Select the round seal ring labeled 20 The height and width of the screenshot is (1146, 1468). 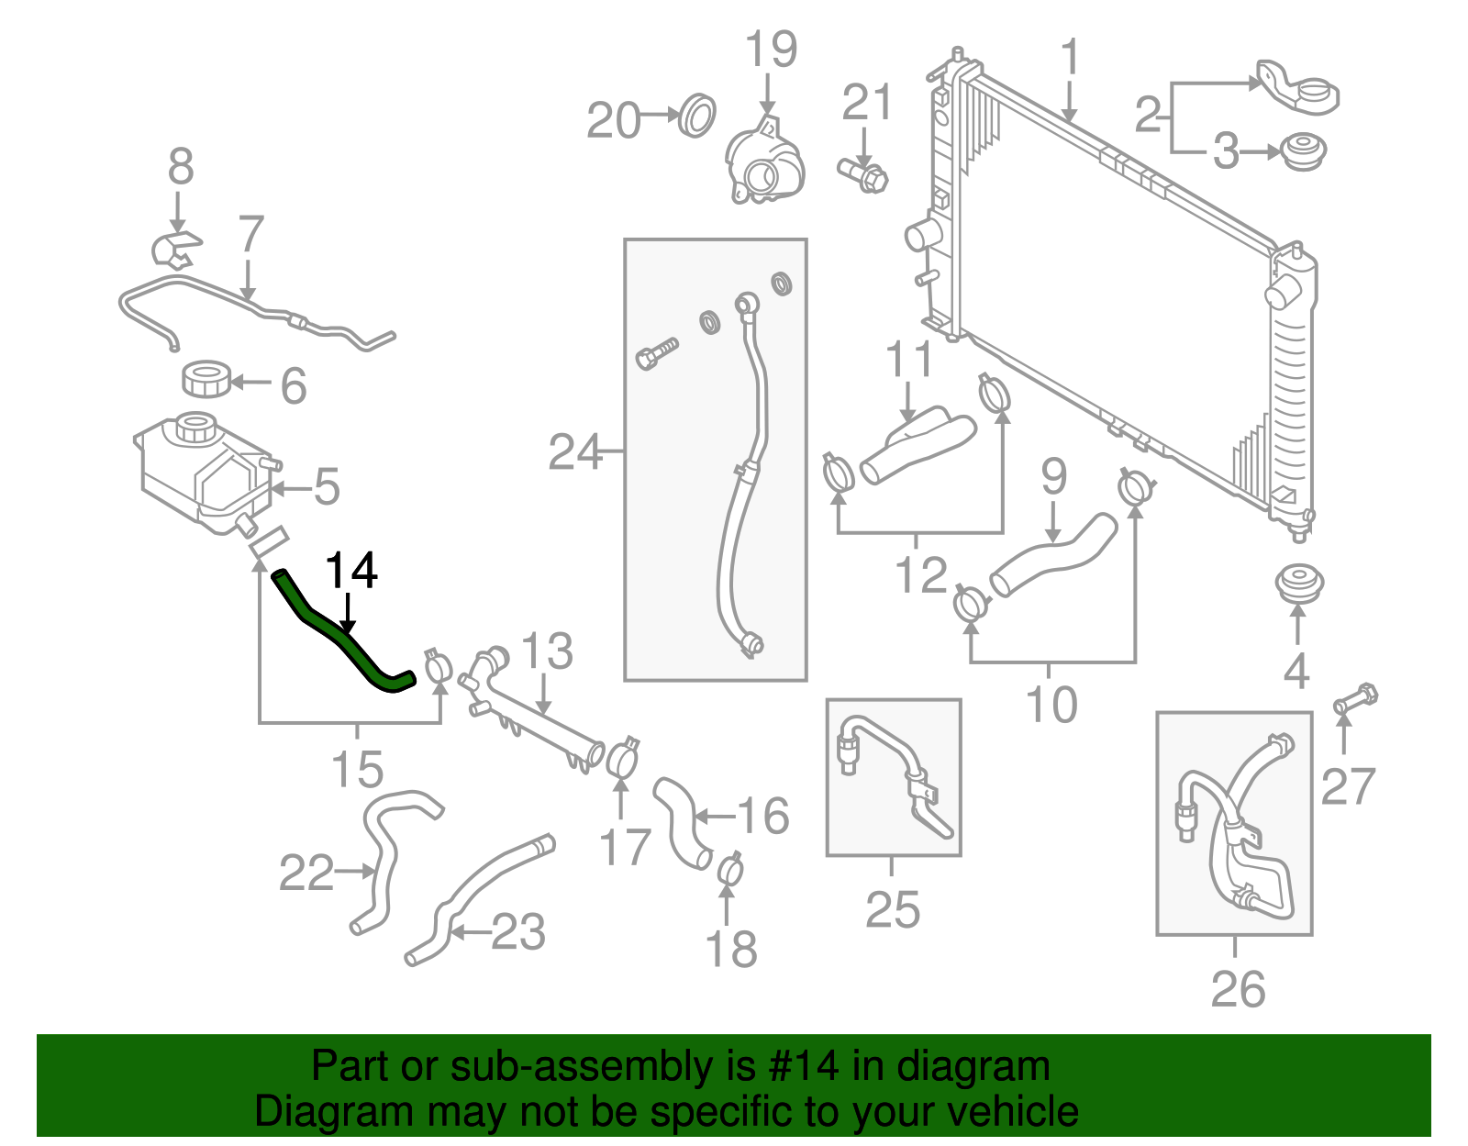(x=697, y=115)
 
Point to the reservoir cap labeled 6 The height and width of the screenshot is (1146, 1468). (x=208, y=379)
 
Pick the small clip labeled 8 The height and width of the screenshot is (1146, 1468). (x=175, y=250)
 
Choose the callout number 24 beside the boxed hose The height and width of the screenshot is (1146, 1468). (x=574, y=452)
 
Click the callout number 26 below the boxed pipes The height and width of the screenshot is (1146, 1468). (x=1238, y=989)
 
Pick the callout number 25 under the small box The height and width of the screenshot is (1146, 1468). (x=893, y=909)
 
